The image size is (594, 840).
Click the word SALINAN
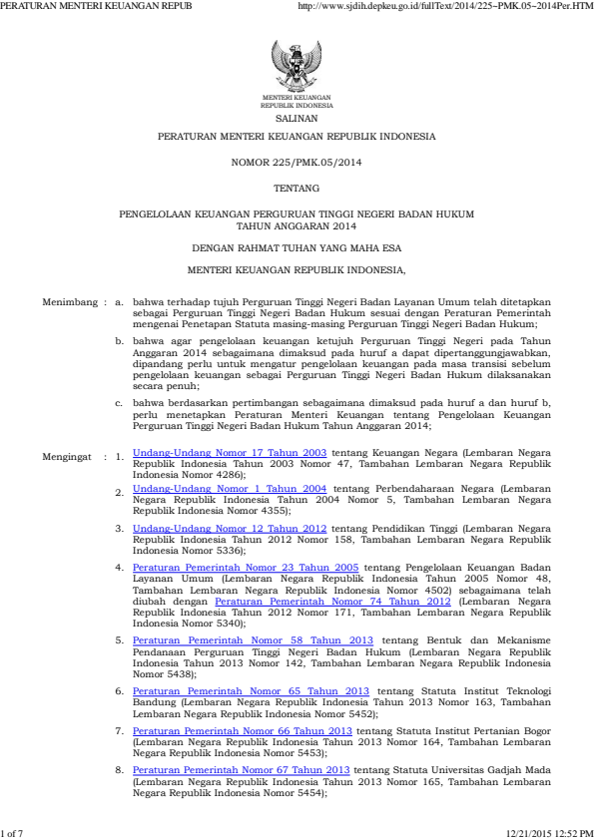(x=297, y=117)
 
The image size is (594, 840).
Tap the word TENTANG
(x=297, y=188)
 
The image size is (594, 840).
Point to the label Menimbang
(x=69, y=300)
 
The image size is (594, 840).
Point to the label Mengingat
(x=69, y=458)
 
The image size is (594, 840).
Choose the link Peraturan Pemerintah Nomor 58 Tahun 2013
(x=253, y=639)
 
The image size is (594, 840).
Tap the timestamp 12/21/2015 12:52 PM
(x=549, y=832)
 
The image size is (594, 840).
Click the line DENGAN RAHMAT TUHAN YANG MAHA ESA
(x=297, y=246)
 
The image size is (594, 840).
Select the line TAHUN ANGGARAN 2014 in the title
(x=297, y=225)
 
